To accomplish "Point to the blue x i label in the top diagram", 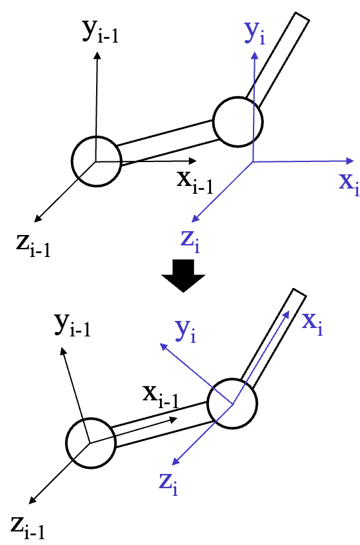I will [348, 184].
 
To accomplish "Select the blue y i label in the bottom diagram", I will [186, 330].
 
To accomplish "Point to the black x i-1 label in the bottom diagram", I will [160, 395].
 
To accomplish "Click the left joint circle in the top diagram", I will [96, 161].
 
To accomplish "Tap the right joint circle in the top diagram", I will [238, 121].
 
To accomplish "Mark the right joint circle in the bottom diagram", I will [232, 403].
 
